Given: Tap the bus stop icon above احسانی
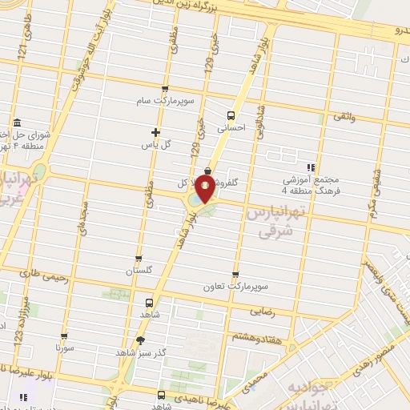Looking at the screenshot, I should (231, 114).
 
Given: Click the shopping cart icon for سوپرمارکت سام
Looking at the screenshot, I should (165, 89).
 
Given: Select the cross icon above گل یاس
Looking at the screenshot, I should (156, 132).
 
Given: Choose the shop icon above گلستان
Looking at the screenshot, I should (139, 259).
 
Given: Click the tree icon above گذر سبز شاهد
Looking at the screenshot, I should (141, 340).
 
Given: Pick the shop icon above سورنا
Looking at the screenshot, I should (64, 337).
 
